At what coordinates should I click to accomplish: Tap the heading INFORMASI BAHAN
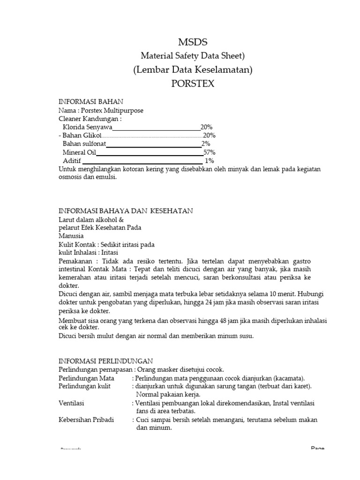coord(91,102)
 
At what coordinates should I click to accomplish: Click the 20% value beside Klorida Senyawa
coord(207,127)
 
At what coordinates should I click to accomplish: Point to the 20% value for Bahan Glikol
coord(209,135)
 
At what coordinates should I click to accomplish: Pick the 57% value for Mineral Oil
coord(209,152)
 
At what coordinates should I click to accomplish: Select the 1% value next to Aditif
coord(209,161)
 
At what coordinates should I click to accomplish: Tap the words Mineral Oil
coord(78,152)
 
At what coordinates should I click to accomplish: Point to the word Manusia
coord(71,236)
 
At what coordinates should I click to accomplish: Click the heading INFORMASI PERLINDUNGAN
coord(105,360)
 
